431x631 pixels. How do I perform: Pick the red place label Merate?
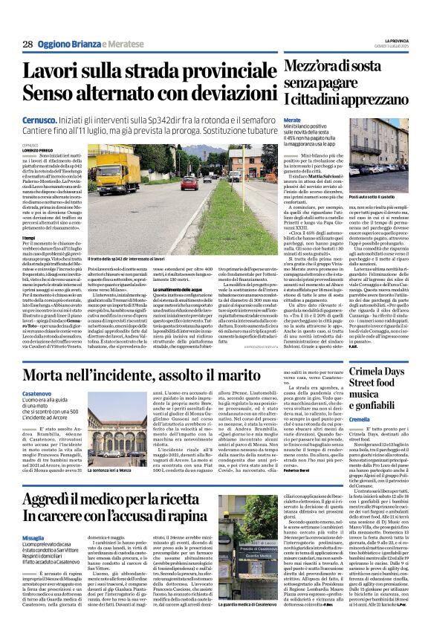[x=292, y=120]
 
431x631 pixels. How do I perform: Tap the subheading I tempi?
[x=29, y=236]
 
